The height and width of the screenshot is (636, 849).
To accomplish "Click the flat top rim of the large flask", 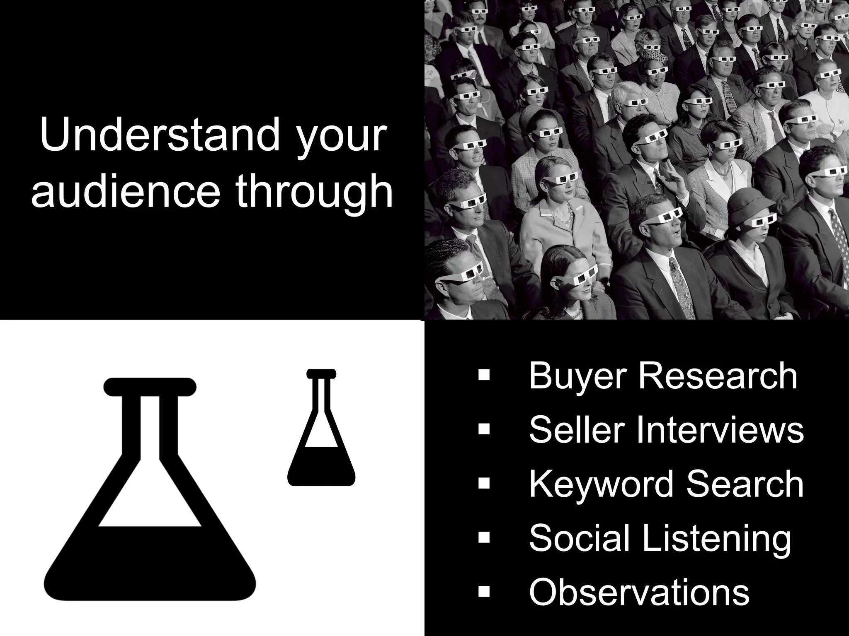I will coord(150,387).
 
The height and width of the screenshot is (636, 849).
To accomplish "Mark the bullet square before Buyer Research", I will coord(484,376).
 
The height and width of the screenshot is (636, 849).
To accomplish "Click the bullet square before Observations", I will coord(484,591).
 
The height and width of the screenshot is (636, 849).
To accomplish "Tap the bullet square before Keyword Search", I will coord(484,484).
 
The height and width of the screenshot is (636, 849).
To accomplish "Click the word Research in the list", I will coord(717,376).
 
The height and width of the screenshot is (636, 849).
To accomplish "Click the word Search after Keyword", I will coord(745,484).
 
